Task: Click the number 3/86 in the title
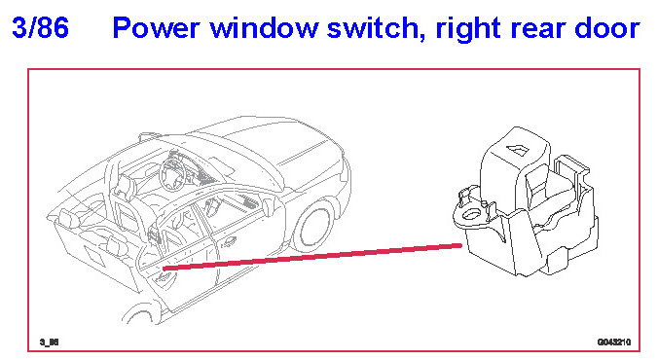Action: [x=40, y=27]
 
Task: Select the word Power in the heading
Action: [x=156, y=27]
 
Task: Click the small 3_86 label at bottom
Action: [x=49, y=342]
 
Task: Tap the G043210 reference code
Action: [x=614, y=342]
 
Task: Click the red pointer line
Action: [x=312, y=257]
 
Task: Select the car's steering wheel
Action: [x=173, y=174]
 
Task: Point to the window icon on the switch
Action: [x=518, y=149]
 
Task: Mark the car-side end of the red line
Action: [x=164, y=269]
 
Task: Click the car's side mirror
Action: [x=268, y=207]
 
